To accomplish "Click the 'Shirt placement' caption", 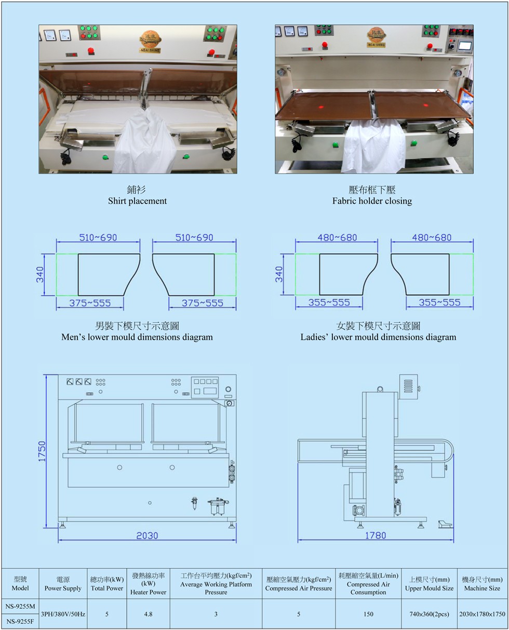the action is coord(137,201).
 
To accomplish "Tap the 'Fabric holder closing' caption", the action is coord(372,201).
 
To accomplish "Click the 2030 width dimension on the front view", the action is coord(147,535).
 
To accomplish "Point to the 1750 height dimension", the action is coord(42,451).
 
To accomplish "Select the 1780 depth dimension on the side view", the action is coord(376,535).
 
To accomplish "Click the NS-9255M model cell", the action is coord(20,606).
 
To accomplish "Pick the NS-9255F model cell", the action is coord(20,621).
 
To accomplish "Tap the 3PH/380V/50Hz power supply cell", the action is coord(63,614).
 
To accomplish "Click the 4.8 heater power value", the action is coord(148,614).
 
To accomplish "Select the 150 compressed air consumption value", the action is coord(368,614).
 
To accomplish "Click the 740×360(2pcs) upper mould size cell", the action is coord(429,614).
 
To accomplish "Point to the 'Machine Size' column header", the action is coord(482,588).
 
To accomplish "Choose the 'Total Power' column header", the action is coord(106,588).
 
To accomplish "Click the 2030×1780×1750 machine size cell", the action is coord(482,614).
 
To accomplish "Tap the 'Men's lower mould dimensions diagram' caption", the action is coord(137,337).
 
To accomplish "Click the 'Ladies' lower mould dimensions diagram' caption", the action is coord(378,337).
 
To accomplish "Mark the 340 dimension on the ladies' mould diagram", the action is coord(279,274).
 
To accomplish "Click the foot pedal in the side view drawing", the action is coord(445,524).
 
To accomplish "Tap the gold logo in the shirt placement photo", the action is coord(150,40).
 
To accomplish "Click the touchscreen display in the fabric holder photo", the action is coord(465,46).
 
